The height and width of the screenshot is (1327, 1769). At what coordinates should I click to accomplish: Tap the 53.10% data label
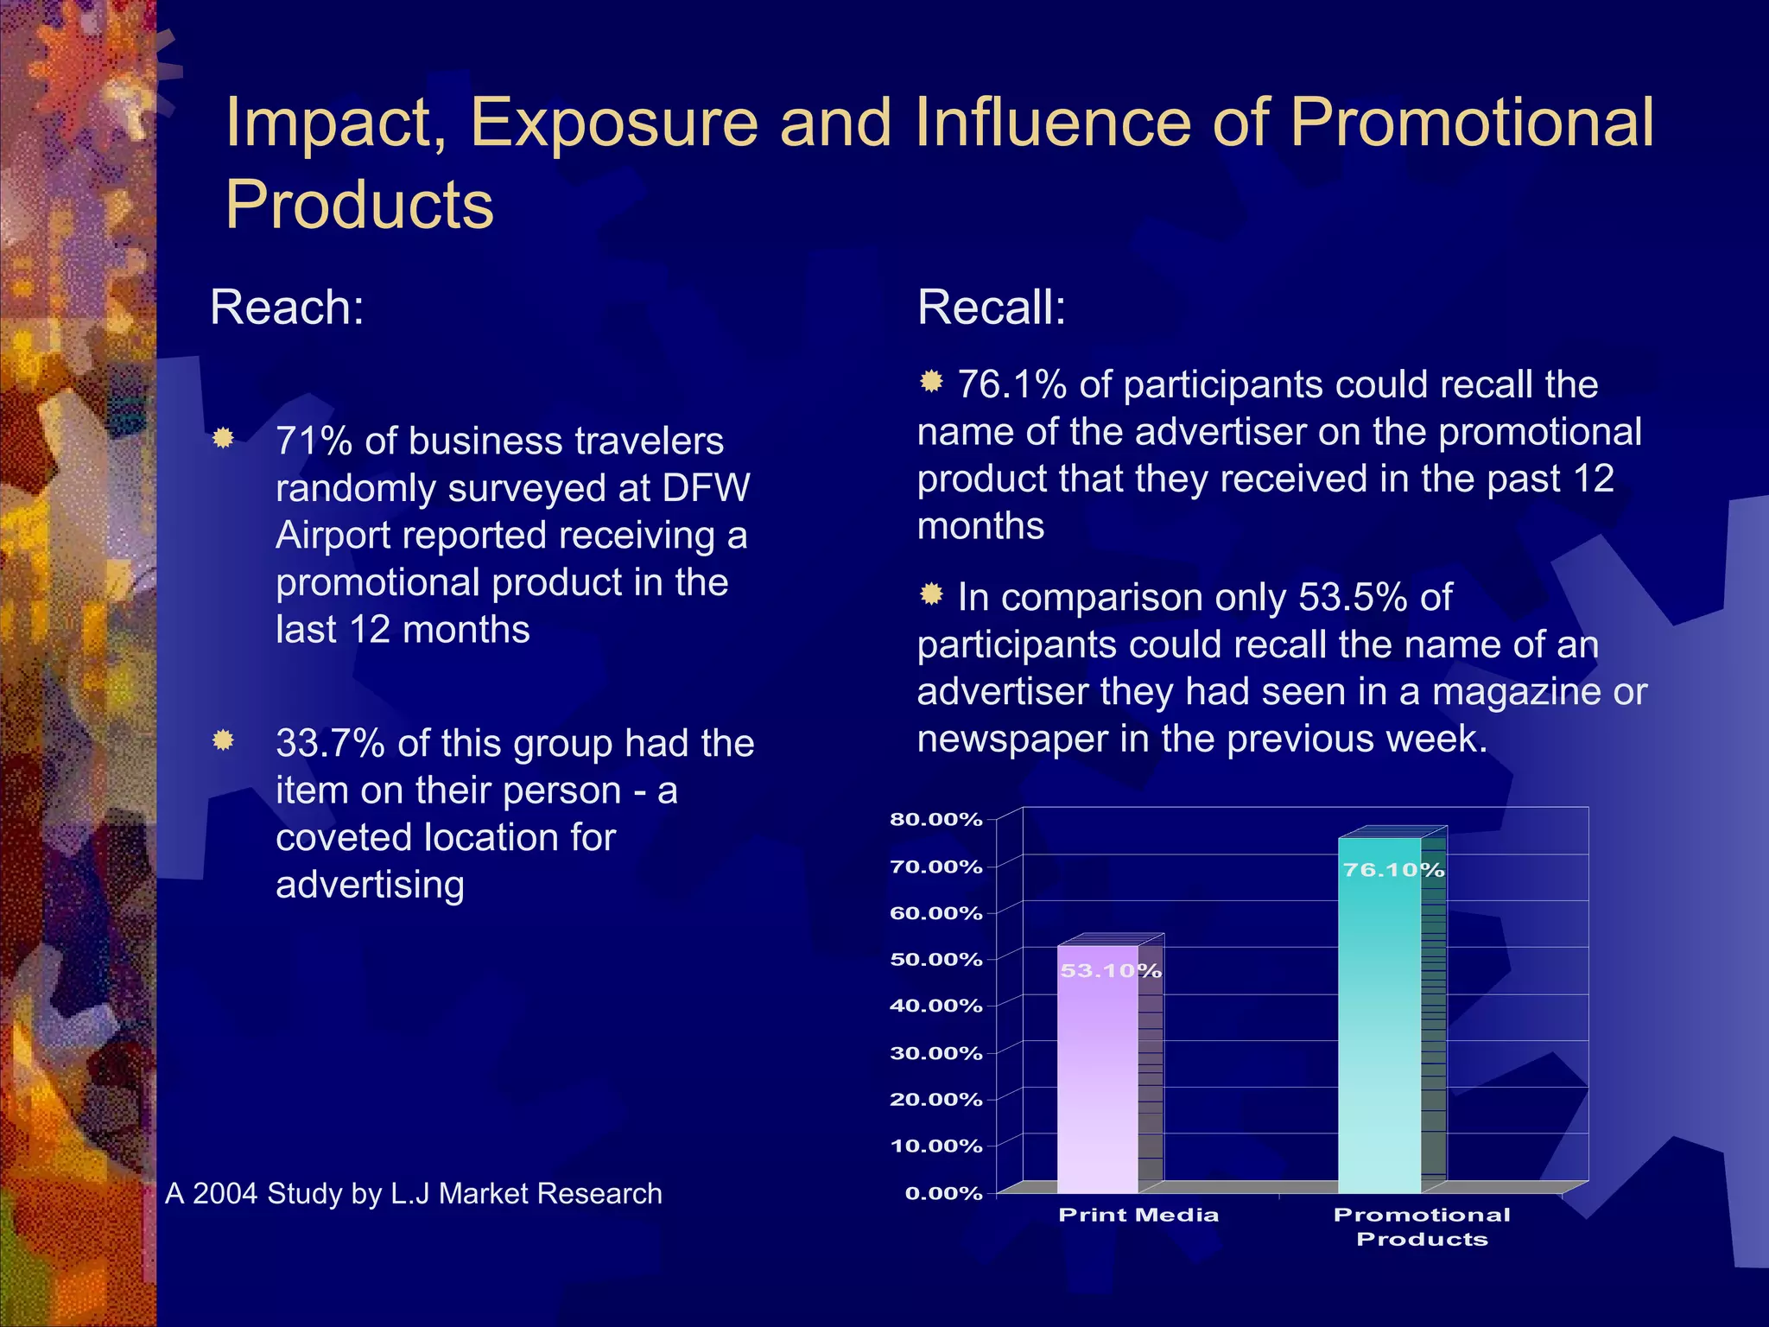click(x=1111, y=971)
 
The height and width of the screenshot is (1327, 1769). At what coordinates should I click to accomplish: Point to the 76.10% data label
click(x=1393, y=870)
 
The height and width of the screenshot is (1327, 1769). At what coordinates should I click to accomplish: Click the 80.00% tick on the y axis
click(x=936, y=819)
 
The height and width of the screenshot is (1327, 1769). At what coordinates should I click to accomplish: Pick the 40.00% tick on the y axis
click(x=936, y=1006)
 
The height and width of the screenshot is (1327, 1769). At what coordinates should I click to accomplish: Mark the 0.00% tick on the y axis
click(x=943, y=1193)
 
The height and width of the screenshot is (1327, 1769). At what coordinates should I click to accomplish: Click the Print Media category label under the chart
click(x=1138, y=1215)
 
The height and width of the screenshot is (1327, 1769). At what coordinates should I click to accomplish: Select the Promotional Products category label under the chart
click(x=1422, y=1226)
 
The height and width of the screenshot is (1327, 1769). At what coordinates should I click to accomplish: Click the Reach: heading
click(x=287, y=307)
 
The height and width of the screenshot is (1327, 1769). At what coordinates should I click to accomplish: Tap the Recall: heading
click(x=992, y=307)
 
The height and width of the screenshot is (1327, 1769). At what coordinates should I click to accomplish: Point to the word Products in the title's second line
click(x=359, y=205)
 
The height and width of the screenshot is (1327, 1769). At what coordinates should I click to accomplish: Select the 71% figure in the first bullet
click(x=314, y=441)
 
